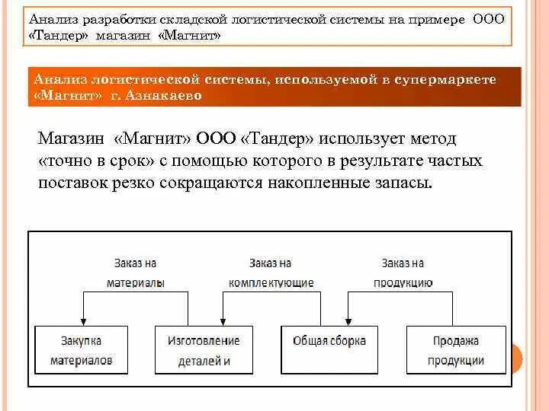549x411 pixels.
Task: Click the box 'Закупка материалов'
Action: pyautogui.click(x=82, y=350)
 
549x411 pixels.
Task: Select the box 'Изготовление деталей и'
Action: pyautogui.click(x=204, y=350)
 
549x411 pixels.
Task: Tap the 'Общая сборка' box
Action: pyautogui.click(x=329, y=350)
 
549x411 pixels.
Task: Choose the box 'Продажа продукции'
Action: pyautogui.click(x=456, y=350)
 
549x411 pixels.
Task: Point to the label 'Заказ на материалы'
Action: pyautogui.click(x=136, y=272)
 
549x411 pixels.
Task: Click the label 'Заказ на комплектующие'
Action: pyautogui.click(x=271, y=272)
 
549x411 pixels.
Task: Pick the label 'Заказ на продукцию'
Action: pyautogui.click(x=403, y=272)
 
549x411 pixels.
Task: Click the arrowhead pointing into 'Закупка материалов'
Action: pyautogui.click(x=82, y=322)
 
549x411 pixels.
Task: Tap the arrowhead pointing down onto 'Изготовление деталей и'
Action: pyautogui.click(x=222, y=322)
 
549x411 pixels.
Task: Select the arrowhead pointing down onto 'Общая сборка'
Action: pyautogui.click(x=348, y=322)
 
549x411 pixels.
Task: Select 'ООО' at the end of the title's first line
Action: pyautogui.click(x=489, y=18)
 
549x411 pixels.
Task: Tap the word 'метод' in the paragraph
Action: pyautogui.click(x=432, y=139)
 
